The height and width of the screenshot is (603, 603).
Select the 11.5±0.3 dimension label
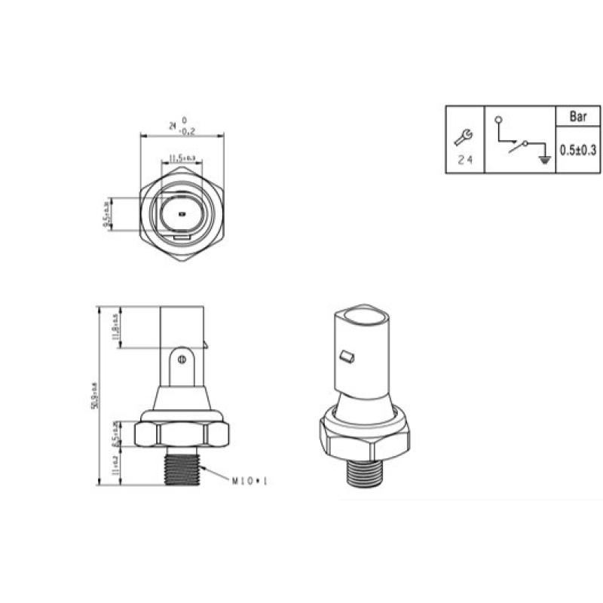click(182, 158)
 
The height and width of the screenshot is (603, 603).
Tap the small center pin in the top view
click(182, 214)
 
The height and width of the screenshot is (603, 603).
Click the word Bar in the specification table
click(578, 117)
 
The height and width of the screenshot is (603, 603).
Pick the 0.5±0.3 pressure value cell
click(578, 149)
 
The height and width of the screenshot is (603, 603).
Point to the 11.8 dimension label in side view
click(115, 326)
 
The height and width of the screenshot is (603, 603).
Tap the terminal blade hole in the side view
click(181, 360)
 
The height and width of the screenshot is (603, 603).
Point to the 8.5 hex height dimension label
click(115, 435)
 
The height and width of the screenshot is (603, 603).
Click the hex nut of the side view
click(181, 434)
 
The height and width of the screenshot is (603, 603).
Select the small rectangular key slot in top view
click(182, 240)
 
